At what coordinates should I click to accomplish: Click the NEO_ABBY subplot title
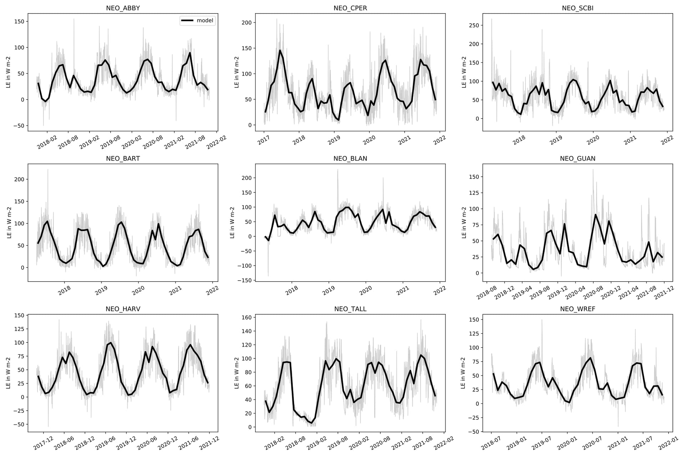coord(123,8)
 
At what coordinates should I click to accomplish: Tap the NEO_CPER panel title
coord(350,8)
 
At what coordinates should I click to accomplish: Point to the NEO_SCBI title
coord(578,8)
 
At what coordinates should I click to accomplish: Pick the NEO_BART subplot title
coord(123,159)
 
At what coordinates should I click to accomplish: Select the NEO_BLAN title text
coord(350,159)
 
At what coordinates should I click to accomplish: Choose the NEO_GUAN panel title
coord(578,159)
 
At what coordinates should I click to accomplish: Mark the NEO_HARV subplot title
coord(123,309)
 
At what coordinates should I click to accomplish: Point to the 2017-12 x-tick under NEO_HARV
coord(43,444)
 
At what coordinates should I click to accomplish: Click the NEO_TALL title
coord(350,309)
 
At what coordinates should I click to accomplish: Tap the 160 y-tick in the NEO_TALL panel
coord(247,317)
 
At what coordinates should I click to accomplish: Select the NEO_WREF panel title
coord(578,309)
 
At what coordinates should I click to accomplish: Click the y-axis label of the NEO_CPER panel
coord(237,72)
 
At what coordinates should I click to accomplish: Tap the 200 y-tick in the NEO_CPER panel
coord(247,22)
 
